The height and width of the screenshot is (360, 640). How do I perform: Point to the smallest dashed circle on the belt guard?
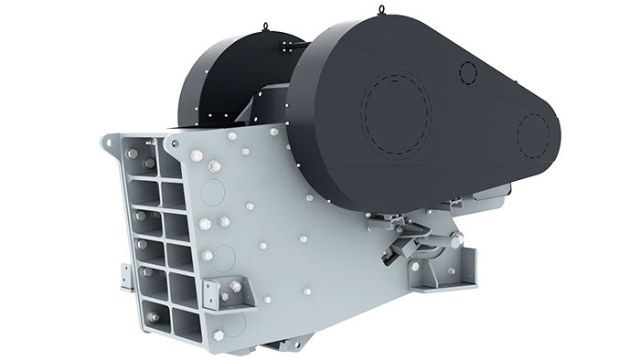tap(468, 72)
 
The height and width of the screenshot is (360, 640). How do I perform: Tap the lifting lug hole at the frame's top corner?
tap(113, 145)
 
